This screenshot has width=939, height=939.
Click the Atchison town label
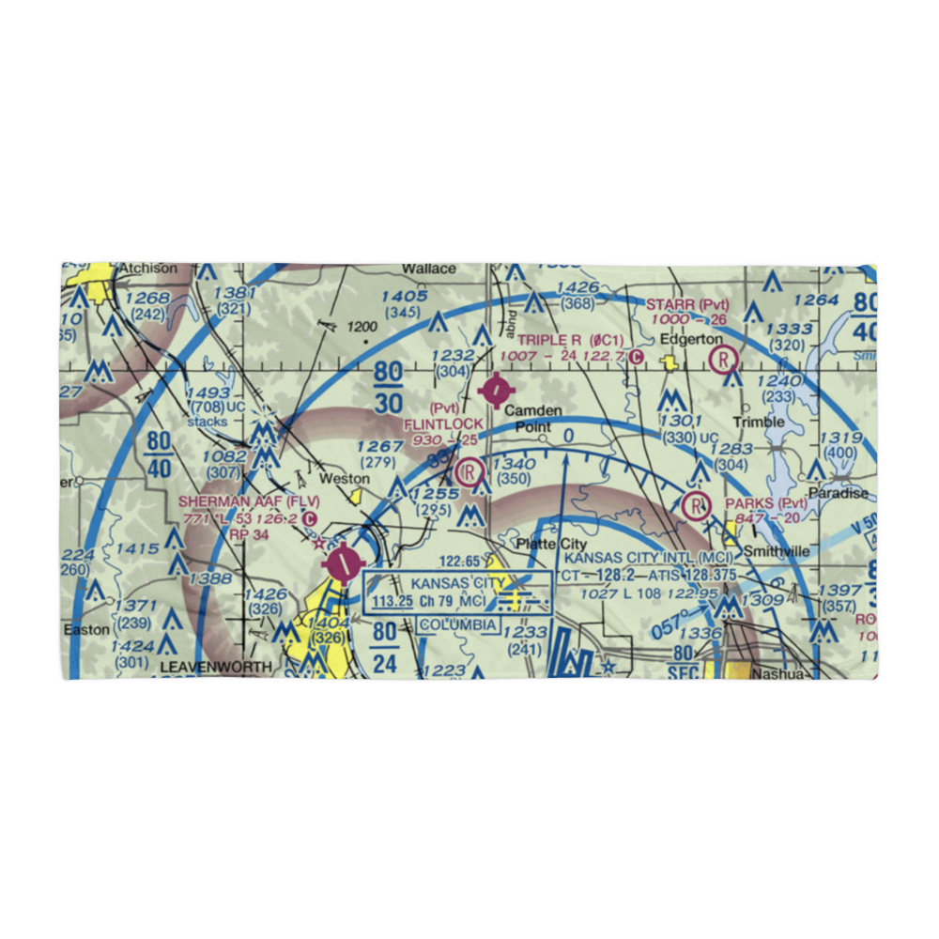[x=147, y=269]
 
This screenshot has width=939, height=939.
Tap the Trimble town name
[x=759, y=423]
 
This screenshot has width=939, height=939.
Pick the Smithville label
[x=775, y=552]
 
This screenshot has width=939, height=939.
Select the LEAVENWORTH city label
[x=216, y=668]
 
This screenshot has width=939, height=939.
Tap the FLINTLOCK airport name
[x=443, y=424]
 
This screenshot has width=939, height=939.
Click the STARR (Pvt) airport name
[x=687, y=304]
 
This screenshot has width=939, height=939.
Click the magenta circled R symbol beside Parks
[x=696, y=505]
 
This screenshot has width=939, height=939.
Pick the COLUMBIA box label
[x=458, y=624]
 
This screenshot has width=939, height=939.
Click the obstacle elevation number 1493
[x=208, y=393]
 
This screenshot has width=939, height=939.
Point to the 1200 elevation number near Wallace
[x=360, y=328]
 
